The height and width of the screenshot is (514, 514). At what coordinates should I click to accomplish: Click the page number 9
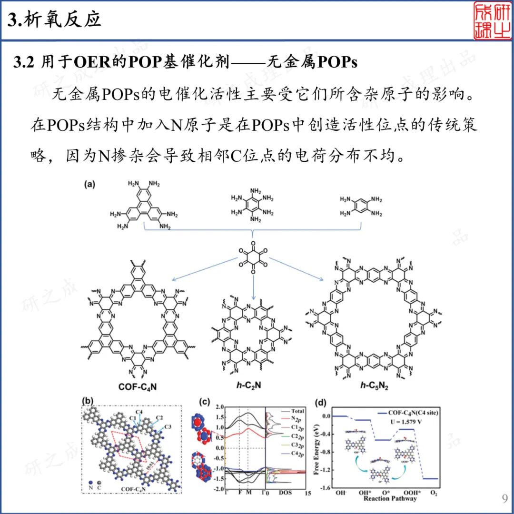point(504,498)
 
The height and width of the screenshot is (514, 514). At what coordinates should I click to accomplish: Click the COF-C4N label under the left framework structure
point(138,386)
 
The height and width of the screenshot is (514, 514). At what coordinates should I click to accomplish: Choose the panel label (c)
point(205,401)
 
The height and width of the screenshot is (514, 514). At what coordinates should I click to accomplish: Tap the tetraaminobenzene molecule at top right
point(361,206)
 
